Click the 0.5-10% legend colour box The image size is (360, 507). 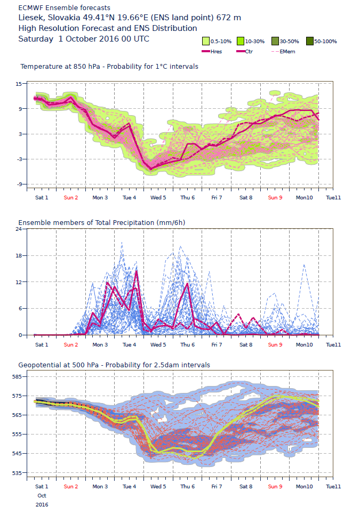point(205,41)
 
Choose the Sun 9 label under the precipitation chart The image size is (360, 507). point(275,344)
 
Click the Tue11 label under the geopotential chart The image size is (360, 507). point(333,487)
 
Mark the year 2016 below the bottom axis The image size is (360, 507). point(42,504)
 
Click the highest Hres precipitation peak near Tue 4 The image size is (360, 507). point(137,271)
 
